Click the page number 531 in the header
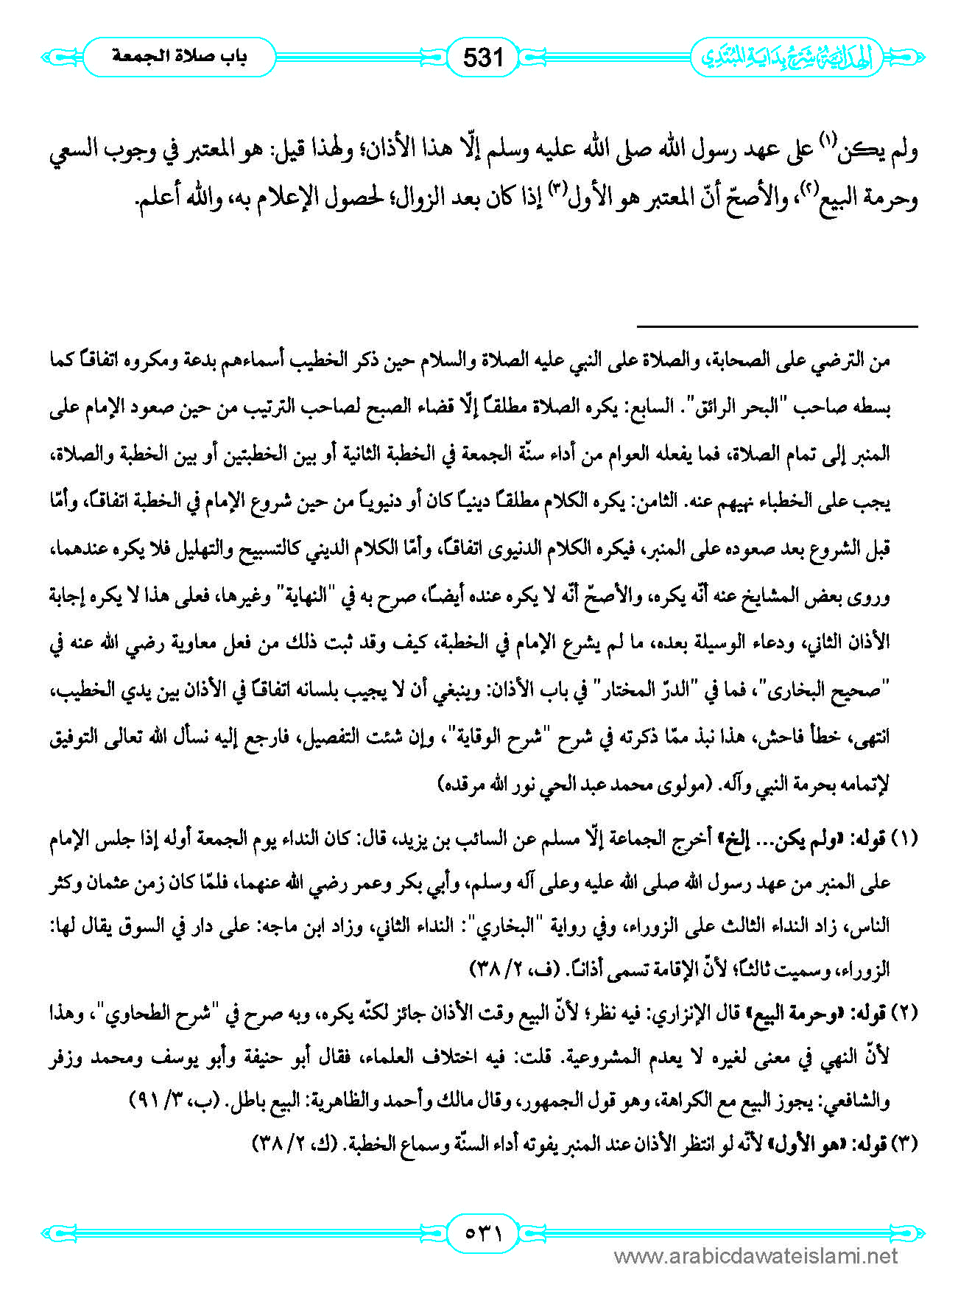click(483, 56)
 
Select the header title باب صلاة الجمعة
click(180, 57)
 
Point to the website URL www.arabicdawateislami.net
click(756, 1256)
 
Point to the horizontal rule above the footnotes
click(777, 326)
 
